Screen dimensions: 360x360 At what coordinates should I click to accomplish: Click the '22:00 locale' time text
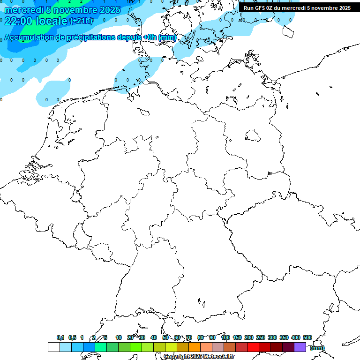pyautogui.click(x=36, y=21)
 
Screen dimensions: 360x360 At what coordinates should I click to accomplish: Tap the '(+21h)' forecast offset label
pyautogui.click(x=82, y=21)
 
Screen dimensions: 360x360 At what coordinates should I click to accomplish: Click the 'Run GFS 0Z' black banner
pyautogui.click(x=297, y=7)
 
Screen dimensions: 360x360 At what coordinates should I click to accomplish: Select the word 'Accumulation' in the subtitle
pyautogui.click(x=28, y=37)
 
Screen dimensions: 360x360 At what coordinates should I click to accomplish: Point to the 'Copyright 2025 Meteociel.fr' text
pyautogui.click(x=199, y=357)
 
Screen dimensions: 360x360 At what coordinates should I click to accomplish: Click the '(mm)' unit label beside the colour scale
pyautogui.click(x=317, y=348)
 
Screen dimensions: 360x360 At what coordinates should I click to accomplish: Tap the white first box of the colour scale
pyautogui.click(x=53, y=347)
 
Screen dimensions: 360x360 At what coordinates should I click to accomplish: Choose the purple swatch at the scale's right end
pyautogui.click(x=300, y=347)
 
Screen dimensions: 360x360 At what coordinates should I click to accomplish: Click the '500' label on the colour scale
pyautogui.click(x=307, y=337)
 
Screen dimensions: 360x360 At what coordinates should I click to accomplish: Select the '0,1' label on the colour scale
pyautogui.click(x=60, y=337)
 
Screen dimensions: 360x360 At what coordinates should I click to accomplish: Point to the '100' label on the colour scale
pyautogui.click(x=225, y=337)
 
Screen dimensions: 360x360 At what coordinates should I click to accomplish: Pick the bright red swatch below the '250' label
pyautogui.click(x=253, y=347)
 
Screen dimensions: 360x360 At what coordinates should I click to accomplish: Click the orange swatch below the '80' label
pyautogui.click(x=195, y=347)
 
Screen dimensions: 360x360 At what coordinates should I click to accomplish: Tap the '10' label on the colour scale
pyautogui.click(x=119, y=337)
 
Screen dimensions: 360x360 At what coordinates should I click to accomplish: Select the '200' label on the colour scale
pyautogui.click(x=249, y=337)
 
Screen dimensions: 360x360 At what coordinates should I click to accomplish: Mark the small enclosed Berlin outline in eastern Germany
pyautogui.click(x=253, y=135)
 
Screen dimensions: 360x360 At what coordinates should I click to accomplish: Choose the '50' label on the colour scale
pyautogui.click(x=165, y=337)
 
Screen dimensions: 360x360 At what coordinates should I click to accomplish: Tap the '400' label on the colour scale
pyautogui.click(x=295, y=337)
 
